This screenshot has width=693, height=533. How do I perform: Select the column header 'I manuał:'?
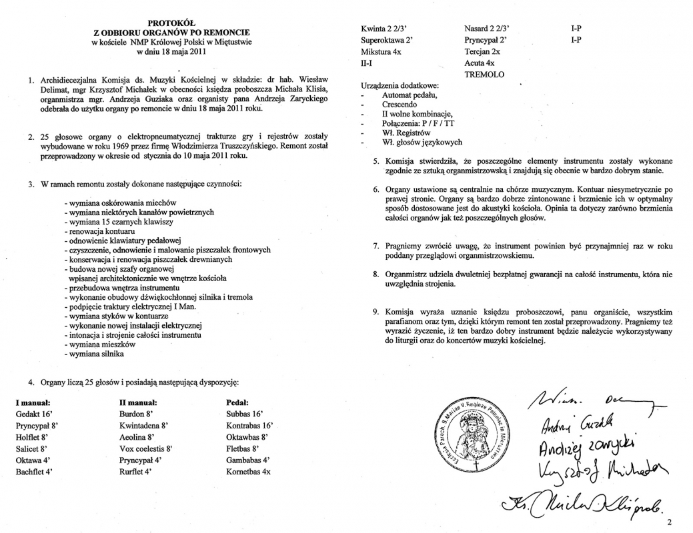tap(33, 402)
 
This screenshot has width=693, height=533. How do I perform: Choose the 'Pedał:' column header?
tap(238, 402)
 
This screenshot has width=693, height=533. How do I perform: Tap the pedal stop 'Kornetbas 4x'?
tap(249, 471)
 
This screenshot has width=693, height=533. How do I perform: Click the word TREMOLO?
tap(484, 74)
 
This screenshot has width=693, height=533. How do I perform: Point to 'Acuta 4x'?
tap(479, 63)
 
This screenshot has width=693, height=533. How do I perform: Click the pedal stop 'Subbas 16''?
tap(245, 414)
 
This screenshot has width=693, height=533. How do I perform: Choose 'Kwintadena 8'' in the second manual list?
tap(143, 425)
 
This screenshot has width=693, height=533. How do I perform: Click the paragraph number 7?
tap(376, 247)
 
